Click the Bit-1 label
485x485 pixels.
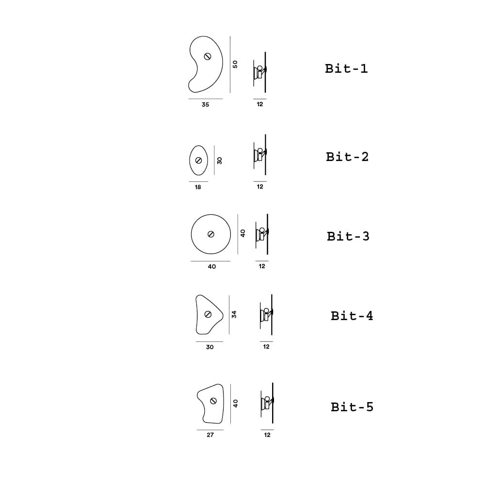[x=346, y=69]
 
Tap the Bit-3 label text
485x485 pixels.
[x=348, y=237]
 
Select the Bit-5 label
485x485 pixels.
[x=352, y=407]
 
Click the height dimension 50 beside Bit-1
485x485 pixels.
[x=235, y=64]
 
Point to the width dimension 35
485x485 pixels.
[x=205, y=105]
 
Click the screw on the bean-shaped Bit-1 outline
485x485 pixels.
[x=208, y=56]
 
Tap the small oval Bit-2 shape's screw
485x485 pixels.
[x=198, y=161]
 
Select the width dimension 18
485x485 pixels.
[x=198, y=187]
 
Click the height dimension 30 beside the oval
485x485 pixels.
[x=220, y=161]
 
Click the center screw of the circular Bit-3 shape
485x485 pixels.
[x=211, y=234]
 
